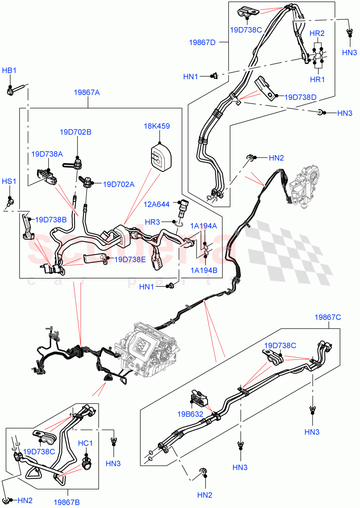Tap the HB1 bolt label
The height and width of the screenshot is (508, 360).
pyautogui.click(x=9, y=70)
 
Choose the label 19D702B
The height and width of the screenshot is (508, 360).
pyautogui.click(x=75, y=132)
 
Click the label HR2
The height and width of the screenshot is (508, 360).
pyautogui.click(x=317, y=33)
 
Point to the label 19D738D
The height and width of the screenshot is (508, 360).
pyautogui.click(x=300, y=97)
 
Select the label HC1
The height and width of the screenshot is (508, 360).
pyautogui.click(x=85, y=443)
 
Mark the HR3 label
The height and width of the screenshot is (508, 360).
pyautogui.click(x=163, y=221)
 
